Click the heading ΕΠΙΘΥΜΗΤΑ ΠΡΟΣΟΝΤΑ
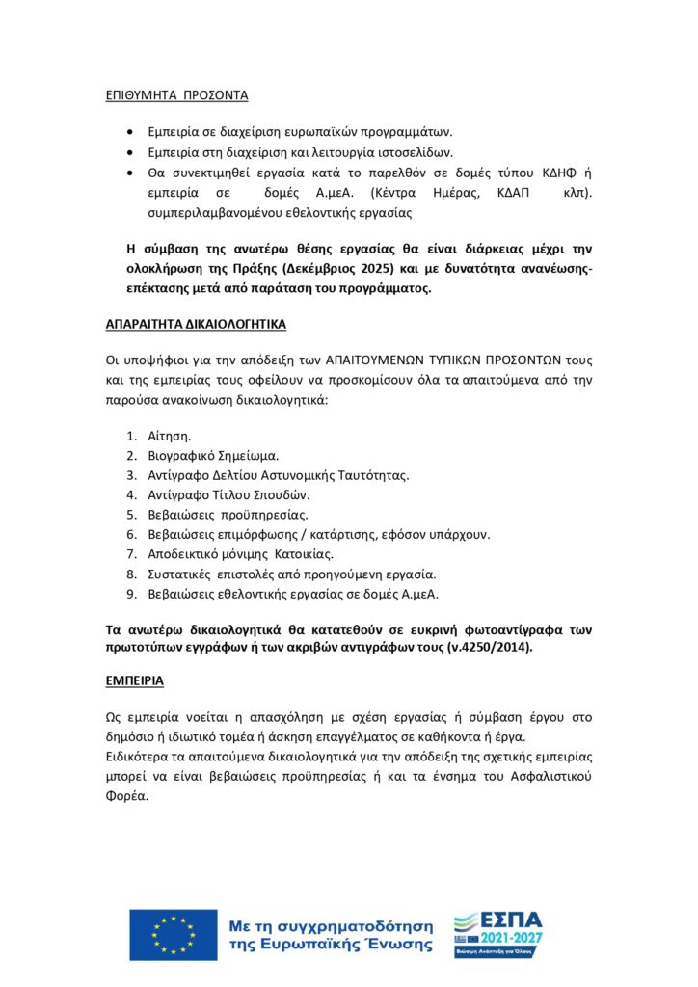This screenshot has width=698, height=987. (176, 96)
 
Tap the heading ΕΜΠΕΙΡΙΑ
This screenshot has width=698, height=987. (134, 680)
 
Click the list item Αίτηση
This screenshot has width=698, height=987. (170, 437)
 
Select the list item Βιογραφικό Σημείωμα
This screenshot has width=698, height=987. (213, 456)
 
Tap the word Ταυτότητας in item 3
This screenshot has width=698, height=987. (372, 475)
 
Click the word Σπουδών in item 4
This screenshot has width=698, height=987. (281, 495)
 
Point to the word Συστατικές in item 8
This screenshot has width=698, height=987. (181, 574)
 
